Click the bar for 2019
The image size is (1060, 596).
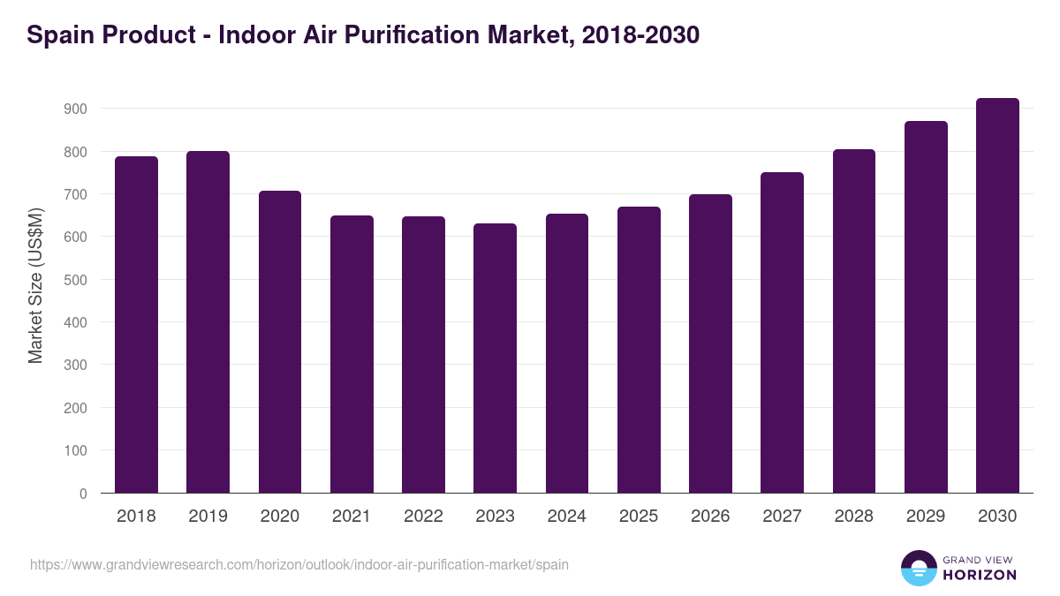click(x=208, y=322)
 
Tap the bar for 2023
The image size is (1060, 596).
click(x=495, y=358)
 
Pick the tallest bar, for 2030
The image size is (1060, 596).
click(x=997, y=296)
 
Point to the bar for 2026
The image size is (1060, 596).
click(x=710, y=343)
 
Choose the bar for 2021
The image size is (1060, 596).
click(x=352, y=354)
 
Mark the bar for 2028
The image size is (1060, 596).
click(x=853, y=321)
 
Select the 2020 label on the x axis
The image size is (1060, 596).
click(x=279, y=517)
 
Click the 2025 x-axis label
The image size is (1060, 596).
click(x=639, y=517)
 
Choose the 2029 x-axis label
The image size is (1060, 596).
click(x=926, y=517)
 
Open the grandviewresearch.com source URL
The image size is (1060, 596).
click(x=299, y=564)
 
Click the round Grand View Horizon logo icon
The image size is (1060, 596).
click(x=918, y=568)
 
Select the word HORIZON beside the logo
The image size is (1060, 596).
click(x=979, y=575)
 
